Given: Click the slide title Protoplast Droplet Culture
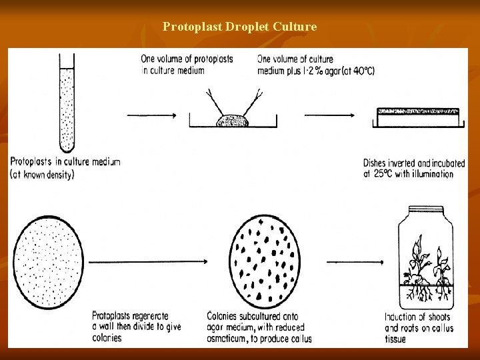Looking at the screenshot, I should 239,27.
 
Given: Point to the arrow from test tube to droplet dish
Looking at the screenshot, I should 151,115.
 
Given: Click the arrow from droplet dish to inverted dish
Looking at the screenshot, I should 330,115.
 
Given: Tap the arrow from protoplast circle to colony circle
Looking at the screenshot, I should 155,262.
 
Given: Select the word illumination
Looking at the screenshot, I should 431,174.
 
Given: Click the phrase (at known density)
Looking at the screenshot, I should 41,174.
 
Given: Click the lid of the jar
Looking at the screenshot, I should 425,211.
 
